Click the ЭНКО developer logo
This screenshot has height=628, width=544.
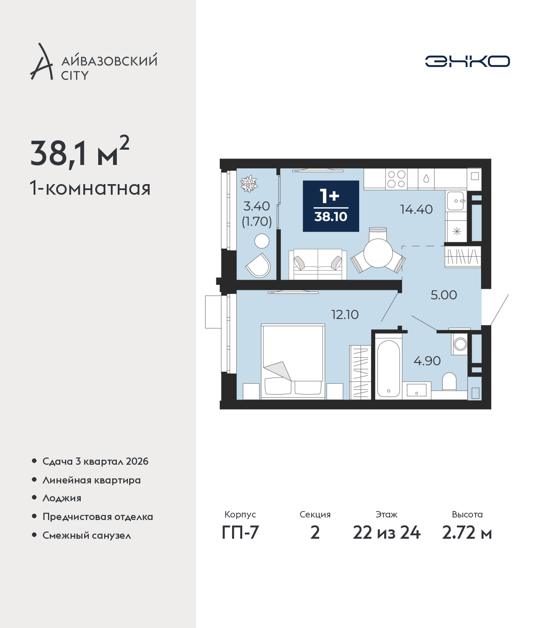[x=467, y=61]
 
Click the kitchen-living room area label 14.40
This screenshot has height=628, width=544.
[x=416, y=209]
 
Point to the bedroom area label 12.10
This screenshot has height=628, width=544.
[x=345, y=315]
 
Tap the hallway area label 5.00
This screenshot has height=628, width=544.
[x=443, y=295]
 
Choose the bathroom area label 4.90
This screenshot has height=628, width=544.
[x=427, y=361]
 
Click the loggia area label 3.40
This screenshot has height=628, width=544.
[x=257, y=206]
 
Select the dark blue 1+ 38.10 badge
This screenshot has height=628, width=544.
[x=331, y=206]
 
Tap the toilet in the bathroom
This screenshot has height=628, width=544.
[x=449, y=381]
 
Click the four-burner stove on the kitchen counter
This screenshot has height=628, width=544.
[x=397, y=179]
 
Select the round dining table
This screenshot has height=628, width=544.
[x=378, y=253]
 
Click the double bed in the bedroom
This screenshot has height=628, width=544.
[x=293, y=361]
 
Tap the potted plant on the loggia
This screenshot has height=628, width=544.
[x=249, y=184]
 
